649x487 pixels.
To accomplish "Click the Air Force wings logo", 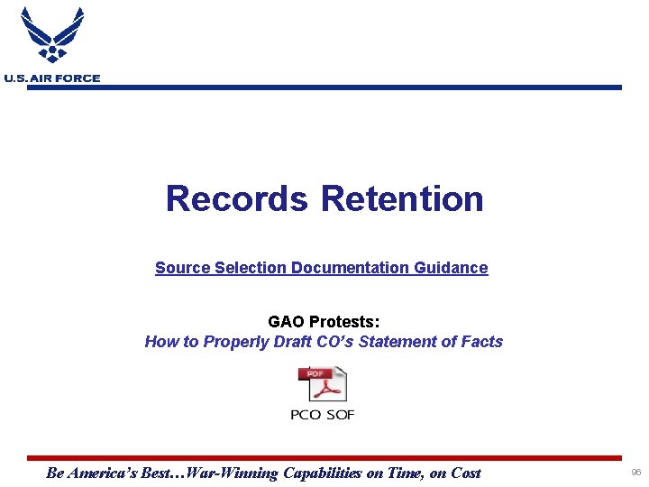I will tap(52, 36).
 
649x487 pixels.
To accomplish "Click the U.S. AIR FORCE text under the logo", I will tap(52, 78).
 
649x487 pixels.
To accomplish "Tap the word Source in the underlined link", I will tap(182, 268).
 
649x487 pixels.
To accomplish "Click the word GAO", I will tap(287, 322).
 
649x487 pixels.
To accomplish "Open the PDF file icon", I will tap(323, 384).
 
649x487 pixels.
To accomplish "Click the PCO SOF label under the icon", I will tap(323, 415).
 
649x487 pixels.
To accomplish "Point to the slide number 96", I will tap(636, 473).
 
